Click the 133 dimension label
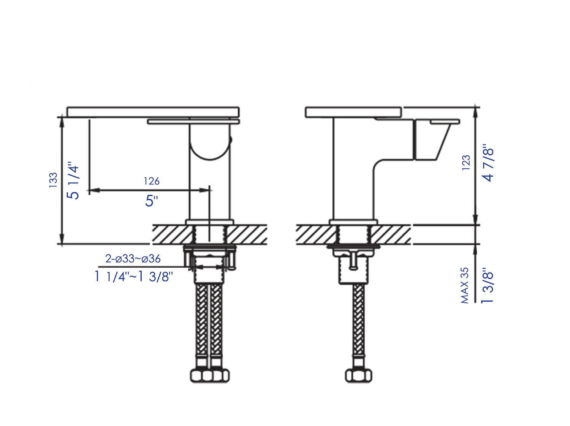(x=53, y=180)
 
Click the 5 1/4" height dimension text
(x=73, y=182)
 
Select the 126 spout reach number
(x=151, y=181)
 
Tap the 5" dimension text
(x=151, y=201)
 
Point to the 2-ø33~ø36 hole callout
(x=133, y=259)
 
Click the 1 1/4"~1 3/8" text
(x=133, y=276)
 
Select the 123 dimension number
(x=466, y=163)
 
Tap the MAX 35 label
(x=464, y=285)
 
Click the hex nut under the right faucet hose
(x=359, y=375)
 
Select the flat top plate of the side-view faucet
(x=353, y=112)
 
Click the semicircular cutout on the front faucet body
(x=210, y=146)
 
